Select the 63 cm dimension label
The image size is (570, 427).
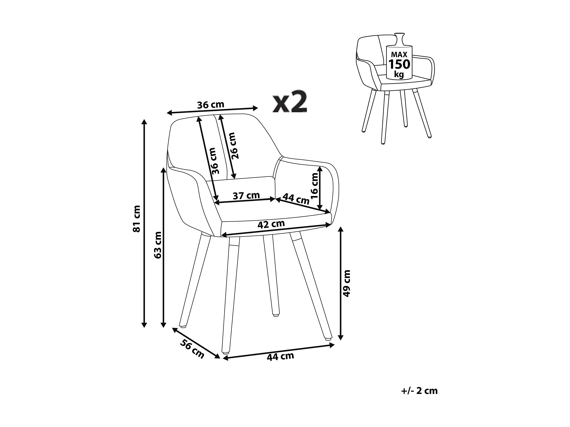[157, 245]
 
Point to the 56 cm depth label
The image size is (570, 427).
[192, 349]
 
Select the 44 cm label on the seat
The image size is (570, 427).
[296, 199]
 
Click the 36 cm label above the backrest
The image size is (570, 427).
[211, 105]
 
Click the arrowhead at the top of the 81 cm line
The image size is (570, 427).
[144, 122]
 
